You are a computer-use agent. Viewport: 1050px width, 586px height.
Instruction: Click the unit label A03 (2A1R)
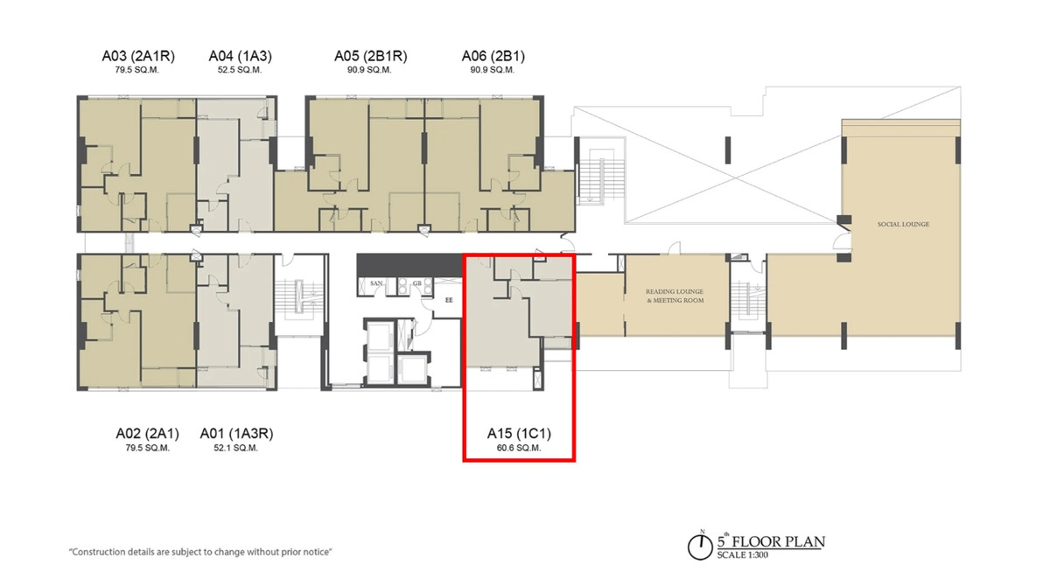point(138,56)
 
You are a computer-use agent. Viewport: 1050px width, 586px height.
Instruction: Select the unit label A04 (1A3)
point(240,56)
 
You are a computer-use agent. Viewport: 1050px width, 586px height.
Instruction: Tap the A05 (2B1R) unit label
point(370,56)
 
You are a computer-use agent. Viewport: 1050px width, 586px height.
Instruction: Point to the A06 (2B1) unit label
point(493,56)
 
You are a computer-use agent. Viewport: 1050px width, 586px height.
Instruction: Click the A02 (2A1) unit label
point(147,434)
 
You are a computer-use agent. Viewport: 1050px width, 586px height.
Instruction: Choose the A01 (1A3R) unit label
point(236,434)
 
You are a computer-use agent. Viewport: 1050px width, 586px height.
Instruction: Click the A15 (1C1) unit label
point(519,434)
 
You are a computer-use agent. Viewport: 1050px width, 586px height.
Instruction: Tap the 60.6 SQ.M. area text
point(519,449)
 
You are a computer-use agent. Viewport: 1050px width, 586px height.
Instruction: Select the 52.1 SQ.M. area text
point(235,449)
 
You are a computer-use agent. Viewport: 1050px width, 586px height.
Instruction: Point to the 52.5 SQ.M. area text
point(240,70)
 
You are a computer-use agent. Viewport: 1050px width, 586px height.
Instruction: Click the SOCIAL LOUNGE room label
point(903,225)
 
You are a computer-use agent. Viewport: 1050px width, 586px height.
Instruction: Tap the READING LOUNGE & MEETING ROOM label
point(675,296)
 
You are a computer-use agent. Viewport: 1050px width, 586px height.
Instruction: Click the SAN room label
point(376,283)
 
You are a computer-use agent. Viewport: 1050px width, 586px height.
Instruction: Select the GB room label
point(416,283)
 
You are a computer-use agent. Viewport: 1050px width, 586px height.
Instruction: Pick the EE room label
point(449,300)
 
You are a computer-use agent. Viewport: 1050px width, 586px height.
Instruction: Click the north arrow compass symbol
point(700,546)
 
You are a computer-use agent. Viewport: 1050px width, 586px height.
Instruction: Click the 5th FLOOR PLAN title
point(771,541)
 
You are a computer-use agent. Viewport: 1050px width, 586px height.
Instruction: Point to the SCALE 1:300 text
point(743,555)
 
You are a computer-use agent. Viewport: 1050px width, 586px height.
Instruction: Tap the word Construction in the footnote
point(97,552)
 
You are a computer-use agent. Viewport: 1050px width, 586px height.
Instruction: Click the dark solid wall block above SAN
point(409,265)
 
